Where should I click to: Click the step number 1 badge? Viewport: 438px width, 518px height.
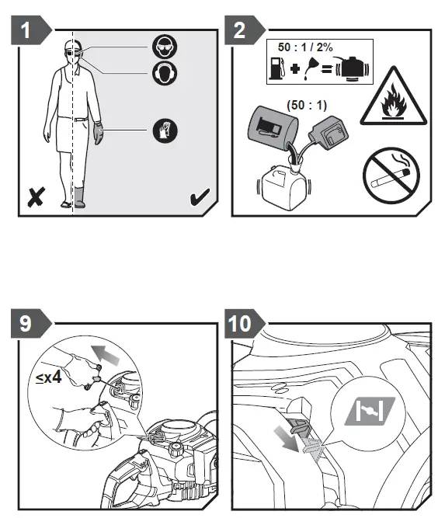(x=30, y=30)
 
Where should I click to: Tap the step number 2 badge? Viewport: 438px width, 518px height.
(x=244, y=30)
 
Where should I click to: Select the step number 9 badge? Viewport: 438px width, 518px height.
(x=30, y=323)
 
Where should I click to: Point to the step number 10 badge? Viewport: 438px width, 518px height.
(x=244, y=323)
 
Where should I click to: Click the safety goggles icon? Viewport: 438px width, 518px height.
(x=165, y=47)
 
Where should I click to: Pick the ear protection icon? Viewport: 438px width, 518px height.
(x=165, y=73)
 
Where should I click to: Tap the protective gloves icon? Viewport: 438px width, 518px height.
(x=165, y=130)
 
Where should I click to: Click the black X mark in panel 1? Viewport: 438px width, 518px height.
(x=36, y=197)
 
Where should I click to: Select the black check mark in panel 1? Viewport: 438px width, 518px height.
(x=200, y=196)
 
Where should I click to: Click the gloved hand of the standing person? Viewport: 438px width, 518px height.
(x=98, y=133)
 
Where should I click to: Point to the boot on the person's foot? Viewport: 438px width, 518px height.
(x=80, y=197)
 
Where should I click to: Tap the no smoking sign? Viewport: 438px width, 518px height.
(x=391, y=176)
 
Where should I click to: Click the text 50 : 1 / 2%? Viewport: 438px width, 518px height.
(x=305, y=47)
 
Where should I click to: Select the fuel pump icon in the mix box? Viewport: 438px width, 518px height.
(x=276, y=68)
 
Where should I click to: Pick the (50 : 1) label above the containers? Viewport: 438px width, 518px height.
(x=307, y=106)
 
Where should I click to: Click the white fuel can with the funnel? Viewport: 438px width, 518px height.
(x=283, y=185)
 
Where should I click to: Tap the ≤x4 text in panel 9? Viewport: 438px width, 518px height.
(x=49, y=377)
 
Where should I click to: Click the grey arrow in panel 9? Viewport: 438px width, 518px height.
(x=105, y=354)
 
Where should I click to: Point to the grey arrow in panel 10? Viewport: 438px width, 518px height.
(x=287, y=438)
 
